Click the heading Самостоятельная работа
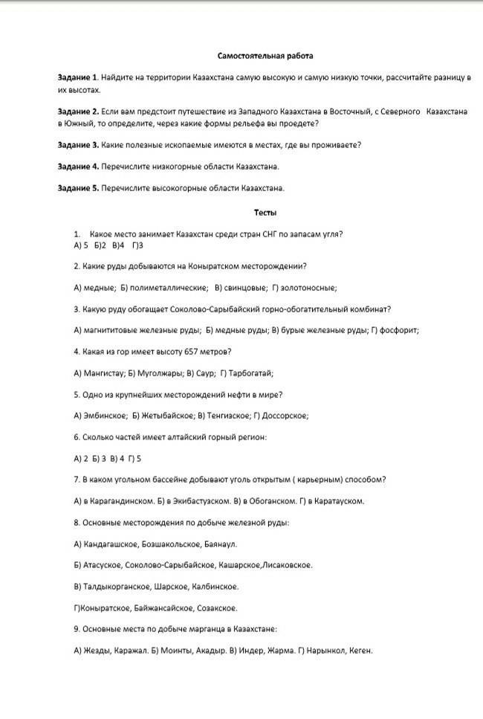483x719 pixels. click(x=265, y=56)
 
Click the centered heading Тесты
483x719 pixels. click(x=265, y=213)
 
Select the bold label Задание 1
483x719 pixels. click(x=78, y=77)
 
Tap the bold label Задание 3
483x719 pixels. click(x=78, y=145)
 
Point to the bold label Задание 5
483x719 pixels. click(x=78, y=188)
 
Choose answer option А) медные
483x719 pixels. click(x=94, y=287)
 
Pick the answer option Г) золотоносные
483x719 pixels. click(x=305, y=287)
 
